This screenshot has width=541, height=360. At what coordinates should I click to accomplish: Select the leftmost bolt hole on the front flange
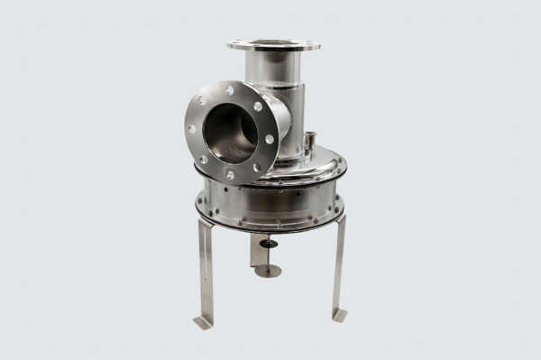(191, 129)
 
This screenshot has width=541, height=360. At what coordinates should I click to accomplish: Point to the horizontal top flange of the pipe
(273, 44)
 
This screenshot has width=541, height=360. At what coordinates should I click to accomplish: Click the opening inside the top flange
(273, 42)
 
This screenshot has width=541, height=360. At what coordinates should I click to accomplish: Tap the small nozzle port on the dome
(308, 142)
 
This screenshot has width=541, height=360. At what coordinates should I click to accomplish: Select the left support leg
(206, 271)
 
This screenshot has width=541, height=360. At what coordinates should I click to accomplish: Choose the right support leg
(339, 266)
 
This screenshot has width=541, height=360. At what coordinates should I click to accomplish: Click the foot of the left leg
(203, 321)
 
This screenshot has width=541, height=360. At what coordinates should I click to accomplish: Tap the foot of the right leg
(340, 314)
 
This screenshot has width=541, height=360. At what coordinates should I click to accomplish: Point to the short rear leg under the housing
(258, 252)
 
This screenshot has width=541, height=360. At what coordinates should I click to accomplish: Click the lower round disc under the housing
(268, 270)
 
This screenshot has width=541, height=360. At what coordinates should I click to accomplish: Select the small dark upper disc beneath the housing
(269, 243)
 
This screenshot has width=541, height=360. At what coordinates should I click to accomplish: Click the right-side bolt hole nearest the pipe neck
(269, 140)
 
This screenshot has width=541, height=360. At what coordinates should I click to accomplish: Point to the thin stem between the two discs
(269, 256)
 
